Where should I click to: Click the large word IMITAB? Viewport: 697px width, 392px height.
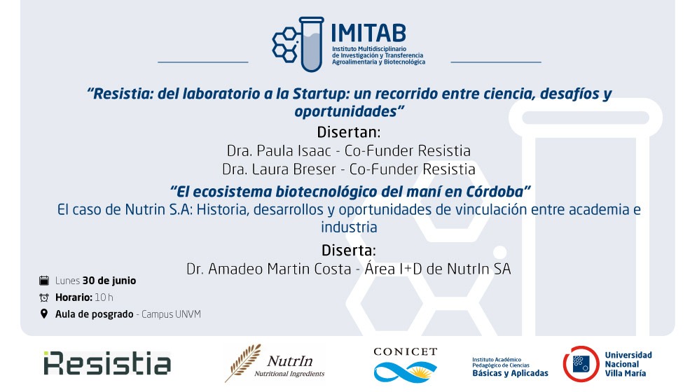tap(368, 33)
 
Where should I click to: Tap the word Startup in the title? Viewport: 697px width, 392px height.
tap(317, 94)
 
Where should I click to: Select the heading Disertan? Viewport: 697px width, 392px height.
tap(349, 132)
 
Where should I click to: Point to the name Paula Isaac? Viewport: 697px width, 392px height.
tap(294, 150)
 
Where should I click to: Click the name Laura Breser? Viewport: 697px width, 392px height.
tap(294, 169)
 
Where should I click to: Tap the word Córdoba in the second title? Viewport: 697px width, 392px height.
tap(495, 192)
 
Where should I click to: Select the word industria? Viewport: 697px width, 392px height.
tap(349, 227)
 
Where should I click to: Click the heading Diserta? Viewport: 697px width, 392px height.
tap(349, 250)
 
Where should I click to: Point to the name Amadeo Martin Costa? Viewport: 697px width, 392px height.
tap(280, 269)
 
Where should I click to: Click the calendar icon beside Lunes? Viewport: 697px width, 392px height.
tap(44, 281)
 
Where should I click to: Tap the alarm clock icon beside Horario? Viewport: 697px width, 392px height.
tap(44, 297)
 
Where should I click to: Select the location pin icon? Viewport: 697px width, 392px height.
tap(44, 314)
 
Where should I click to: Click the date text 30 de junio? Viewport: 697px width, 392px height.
tap(109, 281)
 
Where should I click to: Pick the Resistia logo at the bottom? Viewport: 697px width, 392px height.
tap(107, 363)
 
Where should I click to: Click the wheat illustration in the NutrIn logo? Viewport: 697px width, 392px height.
tap(242, 363)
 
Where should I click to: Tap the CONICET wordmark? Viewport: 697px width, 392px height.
tap(406, 352)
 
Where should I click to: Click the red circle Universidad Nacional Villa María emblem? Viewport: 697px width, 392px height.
tap(581, 364)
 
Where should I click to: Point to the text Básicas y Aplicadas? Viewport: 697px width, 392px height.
tap(510, 373)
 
